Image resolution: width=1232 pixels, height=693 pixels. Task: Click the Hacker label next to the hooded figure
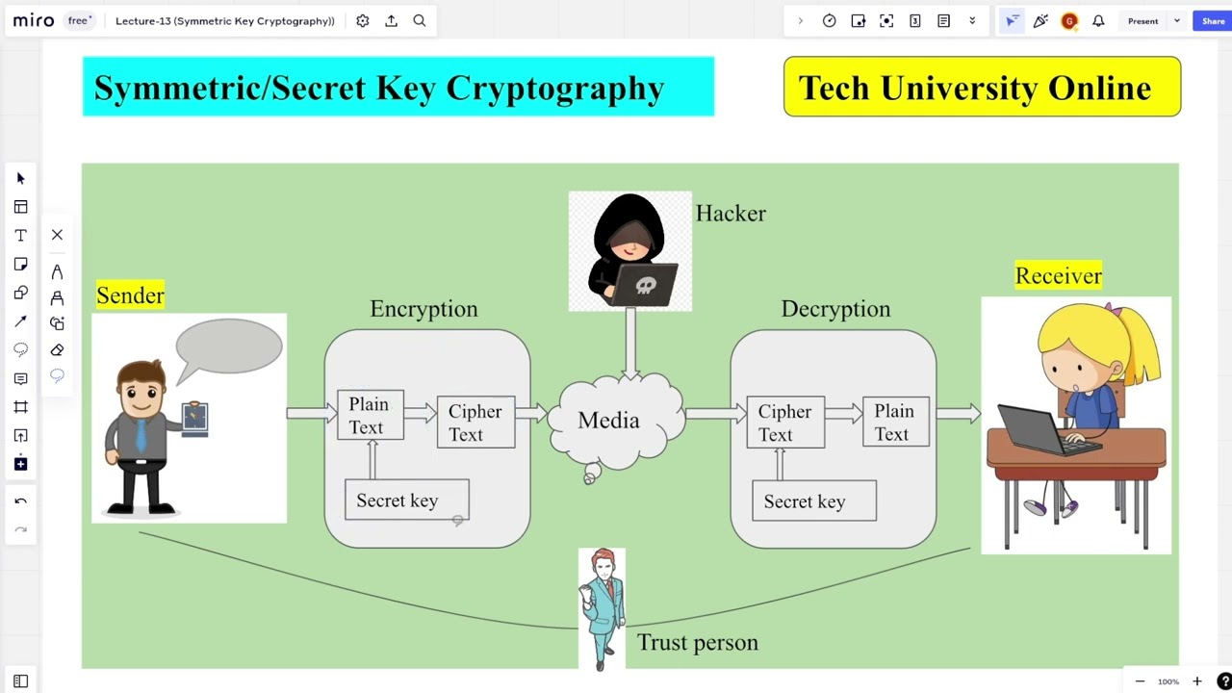pos(731,214)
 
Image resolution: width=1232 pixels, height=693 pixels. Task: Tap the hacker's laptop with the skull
pos(644,285)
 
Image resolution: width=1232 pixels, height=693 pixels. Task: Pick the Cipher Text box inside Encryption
pos(475,423)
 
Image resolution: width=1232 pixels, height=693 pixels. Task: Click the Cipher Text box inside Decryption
pos(785,423)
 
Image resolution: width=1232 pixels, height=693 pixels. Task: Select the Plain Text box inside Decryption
pos(895,423)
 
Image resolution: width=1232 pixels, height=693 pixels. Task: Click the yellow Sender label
pos(130,295)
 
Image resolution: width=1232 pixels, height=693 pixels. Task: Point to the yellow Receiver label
pos(1058,276)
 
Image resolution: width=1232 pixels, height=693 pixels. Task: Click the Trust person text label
pos(698,643)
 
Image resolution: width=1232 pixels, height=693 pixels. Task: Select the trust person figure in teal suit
pos(603,606)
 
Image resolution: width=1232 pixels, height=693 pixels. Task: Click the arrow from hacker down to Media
pos(630,342)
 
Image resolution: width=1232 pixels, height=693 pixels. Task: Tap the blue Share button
pos(1213,21)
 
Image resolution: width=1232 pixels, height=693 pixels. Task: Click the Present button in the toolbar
pos(1142,21)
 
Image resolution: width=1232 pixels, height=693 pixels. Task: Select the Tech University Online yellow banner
pos(982,88)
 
